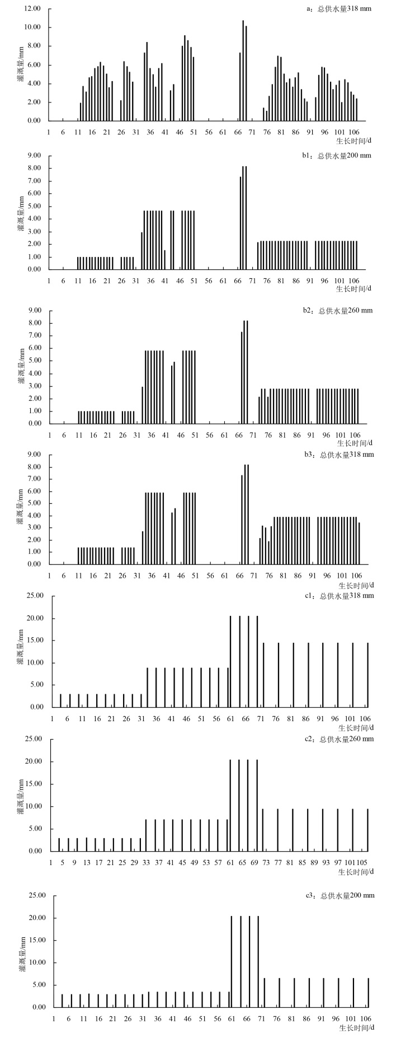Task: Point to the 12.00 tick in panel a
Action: [x=32, y=9]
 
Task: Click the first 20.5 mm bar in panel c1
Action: [x=230, y=662]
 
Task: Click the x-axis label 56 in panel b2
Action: [x=210, y=435]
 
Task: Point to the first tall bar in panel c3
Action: [x=232, y=961]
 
